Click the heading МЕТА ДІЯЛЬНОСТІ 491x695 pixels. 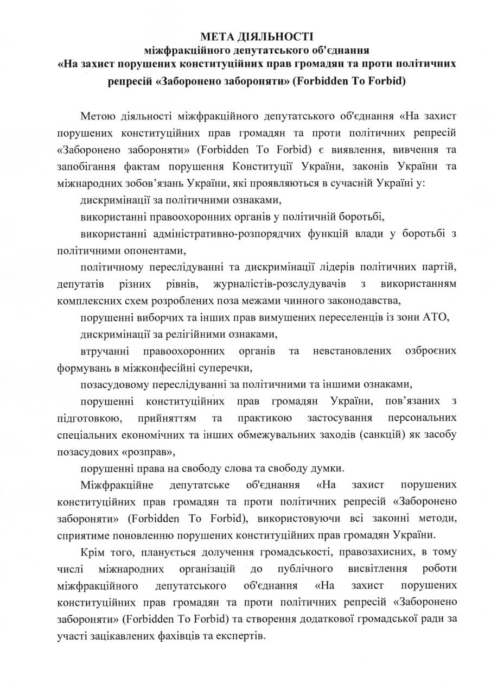tap(257, 37)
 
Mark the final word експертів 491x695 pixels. tap(241, 635)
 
